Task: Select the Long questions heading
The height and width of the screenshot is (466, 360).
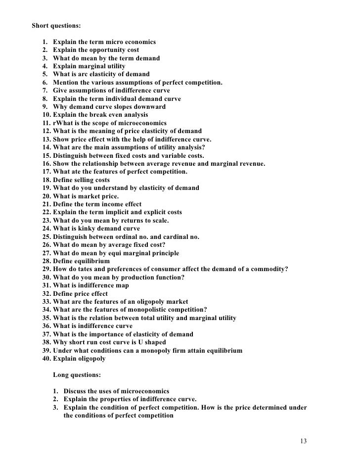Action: pos(77,375)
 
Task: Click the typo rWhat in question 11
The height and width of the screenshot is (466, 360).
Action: pos(63,123)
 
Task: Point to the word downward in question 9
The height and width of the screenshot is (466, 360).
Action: pos(150,106)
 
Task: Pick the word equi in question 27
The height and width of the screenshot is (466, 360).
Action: pos(117,253)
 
